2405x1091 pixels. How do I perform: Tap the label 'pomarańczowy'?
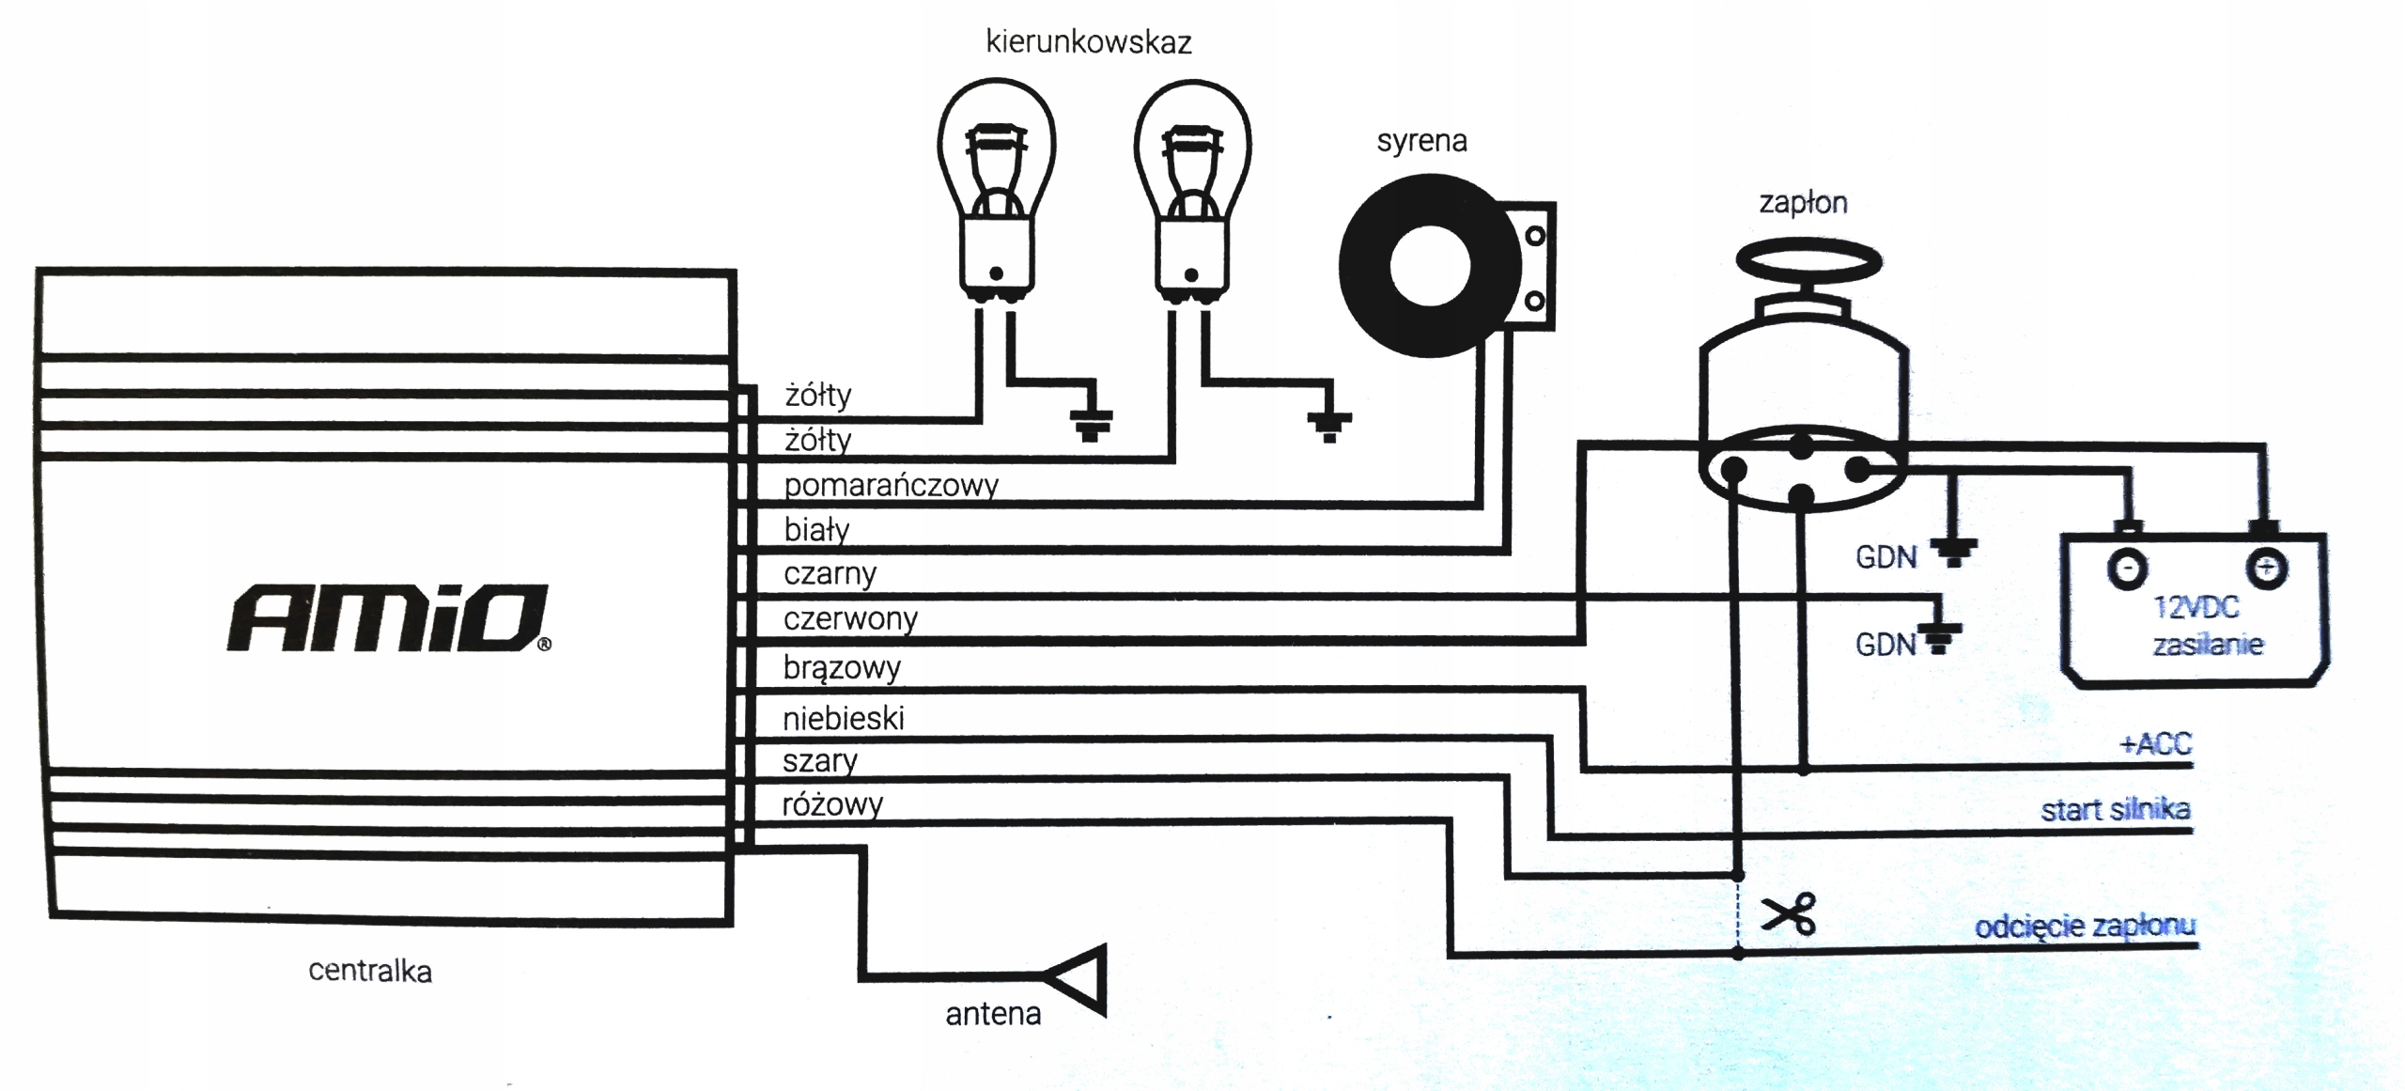tap(891, 485)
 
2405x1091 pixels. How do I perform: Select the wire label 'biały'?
tap(816, 530)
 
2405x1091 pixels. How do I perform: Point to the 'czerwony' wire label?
tap(850, 618)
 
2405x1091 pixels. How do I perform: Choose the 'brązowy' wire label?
tap(842, 668)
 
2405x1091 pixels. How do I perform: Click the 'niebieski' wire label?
tap(844, 719)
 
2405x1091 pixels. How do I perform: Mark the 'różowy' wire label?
tap(832, 804)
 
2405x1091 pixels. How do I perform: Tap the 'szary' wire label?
tap(820, 761)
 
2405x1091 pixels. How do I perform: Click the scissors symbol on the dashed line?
tap(1788, 913)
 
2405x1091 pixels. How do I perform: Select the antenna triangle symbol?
tap(1080, 979)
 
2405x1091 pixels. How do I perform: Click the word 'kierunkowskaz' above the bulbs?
tap(1088, 42)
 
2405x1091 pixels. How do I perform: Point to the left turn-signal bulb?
tap(996, 188)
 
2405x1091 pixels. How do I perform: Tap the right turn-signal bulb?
tap(1192, 188)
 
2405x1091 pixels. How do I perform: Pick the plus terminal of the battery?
tap(2266, 568)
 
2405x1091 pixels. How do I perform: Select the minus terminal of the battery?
tap(2128, 569)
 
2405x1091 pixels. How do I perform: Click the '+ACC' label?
tap(2155, 743)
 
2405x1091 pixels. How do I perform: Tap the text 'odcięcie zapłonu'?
tap(2085, 927)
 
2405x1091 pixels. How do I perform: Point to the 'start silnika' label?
tap(2115, 810)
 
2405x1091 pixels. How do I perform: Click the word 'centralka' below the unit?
tap(370, 971)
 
